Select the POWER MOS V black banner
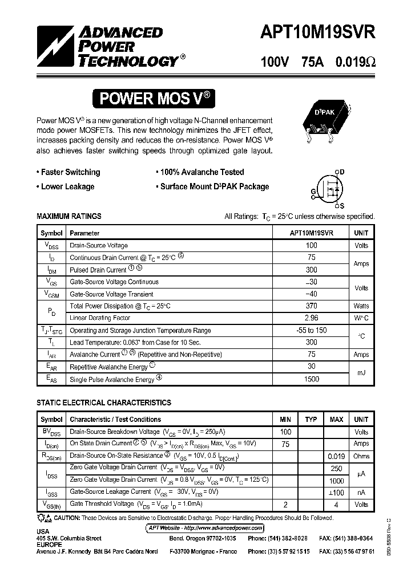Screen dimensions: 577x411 pyautogui.click(x=156, y=99)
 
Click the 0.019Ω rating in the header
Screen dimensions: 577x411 pyautogui.click(x=355, y=62)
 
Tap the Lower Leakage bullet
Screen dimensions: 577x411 pyautogui.click(x=65, y=186)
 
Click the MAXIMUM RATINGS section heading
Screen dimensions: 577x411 pyautogui.click(x=69, y=216)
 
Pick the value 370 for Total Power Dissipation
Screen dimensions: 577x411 pyautogui.click(x=311, y=306)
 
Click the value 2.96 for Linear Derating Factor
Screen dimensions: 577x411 pyautogui.click(x=311, y=318)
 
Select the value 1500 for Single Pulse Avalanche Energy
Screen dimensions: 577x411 pyautogui.click(x=311, y=379)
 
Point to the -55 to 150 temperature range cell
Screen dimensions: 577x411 pyautogui.click(x=311, y=330)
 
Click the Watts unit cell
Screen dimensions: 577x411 pyautogui.click(x=361, y=306)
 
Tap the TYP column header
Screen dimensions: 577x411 pyautogui.click(x=311, y=420)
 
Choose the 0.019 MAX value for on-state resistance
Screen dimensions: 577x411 pyautogui.click(x=336, y=456)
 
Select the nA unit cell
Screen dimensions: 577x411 pyautogui.click(x=361, y=492)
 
